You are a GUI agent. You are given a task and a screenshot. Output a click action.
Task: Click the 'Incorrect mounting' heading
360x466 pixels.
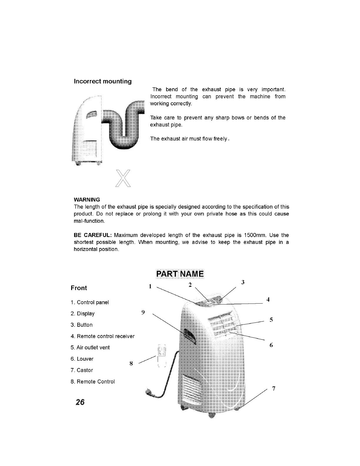[x=103, y=81]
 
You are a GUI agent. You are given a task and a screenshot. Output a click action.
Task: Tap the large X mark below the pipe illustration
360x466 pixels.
[x=123, y=179]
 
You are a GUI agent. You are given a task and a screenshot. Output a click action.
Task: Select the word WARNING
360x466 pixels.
[x=87, y=200]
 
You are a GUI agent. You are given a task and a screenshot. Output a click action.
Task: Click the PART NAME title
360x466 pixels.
[x=180, y=274]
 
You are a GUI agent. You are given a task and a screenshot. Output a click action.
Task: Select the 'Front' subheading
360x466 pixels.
[x=79, y=288]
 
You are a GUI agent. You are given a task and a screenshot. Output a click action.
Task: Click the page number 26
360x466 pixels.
[x=80, y=402]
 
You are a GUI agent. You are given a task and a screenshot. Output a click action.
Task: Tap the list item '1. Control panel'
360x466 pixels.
[x=90, y=302]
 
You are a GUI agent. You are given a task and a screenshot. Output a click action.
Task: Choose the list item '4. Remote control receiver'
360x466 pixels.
[x=103, y=336]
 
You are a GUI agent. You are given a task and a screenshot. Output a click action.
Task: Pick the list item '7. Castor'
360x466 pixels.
[x=82, y=370]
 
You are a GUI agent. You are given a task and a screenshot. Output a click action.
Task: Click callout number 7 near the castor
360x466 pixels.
[x=274, y=389]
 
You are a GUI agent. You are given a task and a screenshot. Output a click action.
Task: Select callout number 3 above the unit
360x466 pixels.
[x=243, y=282]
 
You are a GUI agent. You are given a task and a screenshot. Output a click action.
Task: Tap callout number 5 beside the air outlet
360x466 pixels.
[x=271, y=320]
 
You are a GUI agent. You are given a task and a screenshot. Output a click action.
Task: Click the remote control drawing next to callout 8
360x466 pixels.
[x=161, y=356]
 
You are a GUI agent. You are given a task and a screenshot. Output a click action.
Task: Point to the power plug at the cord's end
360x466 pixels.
[x=151, y=393]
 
